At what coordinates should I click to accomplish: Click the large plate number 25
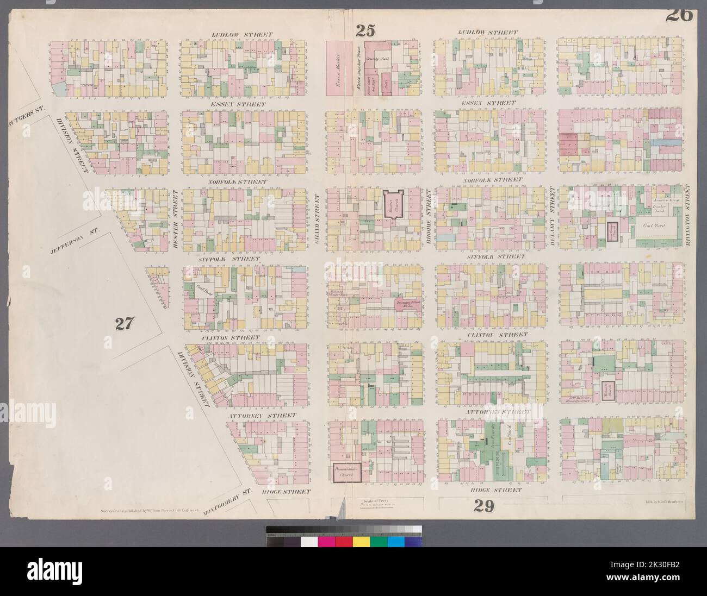[x=365, y=31]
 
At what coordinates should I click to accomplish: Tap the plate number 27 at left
[x=124, y=324]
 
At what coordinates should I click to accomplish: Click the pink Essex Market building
[x=337, y=69]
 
